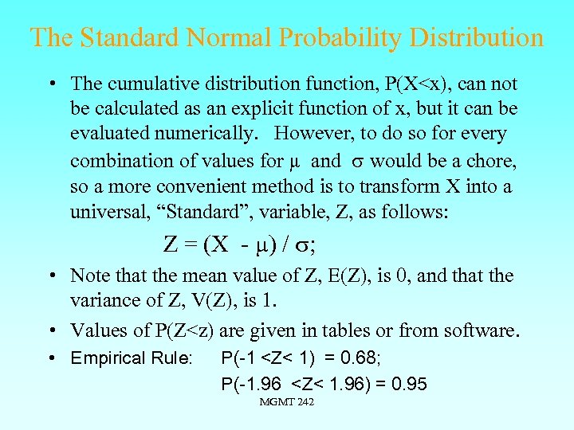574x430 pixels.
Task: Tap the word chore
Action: (493, 162)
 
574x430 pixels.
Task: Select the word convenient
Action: (218, 186)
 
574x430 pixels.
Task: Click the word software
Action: (482, 330)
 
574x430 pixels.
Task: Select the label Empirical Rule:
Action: (132, 358)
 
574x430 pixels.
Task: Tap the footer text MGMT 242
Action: (287, 402)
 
